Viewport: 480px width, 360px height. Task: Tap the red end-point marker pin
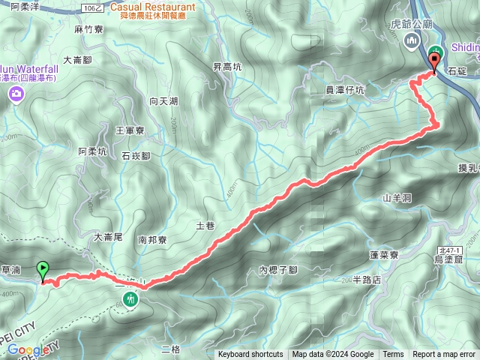tap(434, 62)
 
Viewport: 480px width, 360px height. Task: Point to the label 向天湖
tap(163, 100)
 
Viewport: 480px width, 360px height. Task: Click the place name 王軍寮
tap(129, 130)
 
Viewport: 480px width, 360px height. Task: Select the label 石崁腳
tap(136, 156)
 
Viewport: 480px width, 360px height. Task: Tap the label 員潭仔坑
tap(344, 91)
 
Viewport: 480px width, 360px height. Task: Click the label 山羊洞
tap(397, 198)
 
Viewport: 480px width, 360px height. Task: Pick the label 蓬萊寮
tap(384, 255)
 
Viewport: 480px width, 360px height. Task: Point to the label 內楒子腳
tap(277, 269)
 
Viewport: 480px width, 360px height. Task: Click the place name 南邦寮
tap(153, 241)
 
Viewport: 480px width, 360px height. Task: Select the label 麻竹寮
tap(88, 29)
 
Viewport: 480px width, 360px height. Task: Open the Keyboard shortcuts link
tap(250, 355)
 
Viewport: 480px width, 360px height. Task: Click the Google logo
tap(26, 350)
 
